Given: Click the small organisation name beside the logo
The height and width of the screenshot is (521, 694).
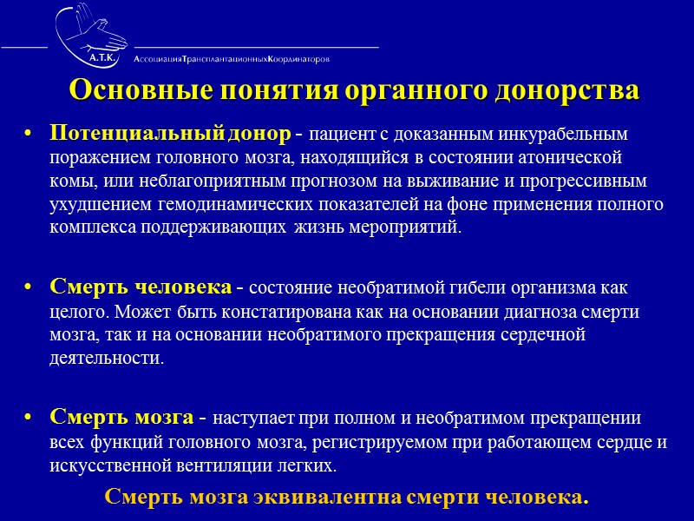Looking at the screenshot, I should (x=232, y=59).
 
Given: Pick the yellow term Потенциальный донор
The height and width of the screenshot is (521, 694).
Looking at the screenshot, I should (x=170, y=135).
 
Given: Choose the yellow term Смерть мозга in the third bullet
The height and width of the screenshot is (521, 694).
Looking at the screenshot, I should (x=121, y=416).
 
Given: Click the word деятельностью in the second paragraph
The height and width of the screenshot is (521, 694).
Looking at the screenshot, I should (x=106, y=358).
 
